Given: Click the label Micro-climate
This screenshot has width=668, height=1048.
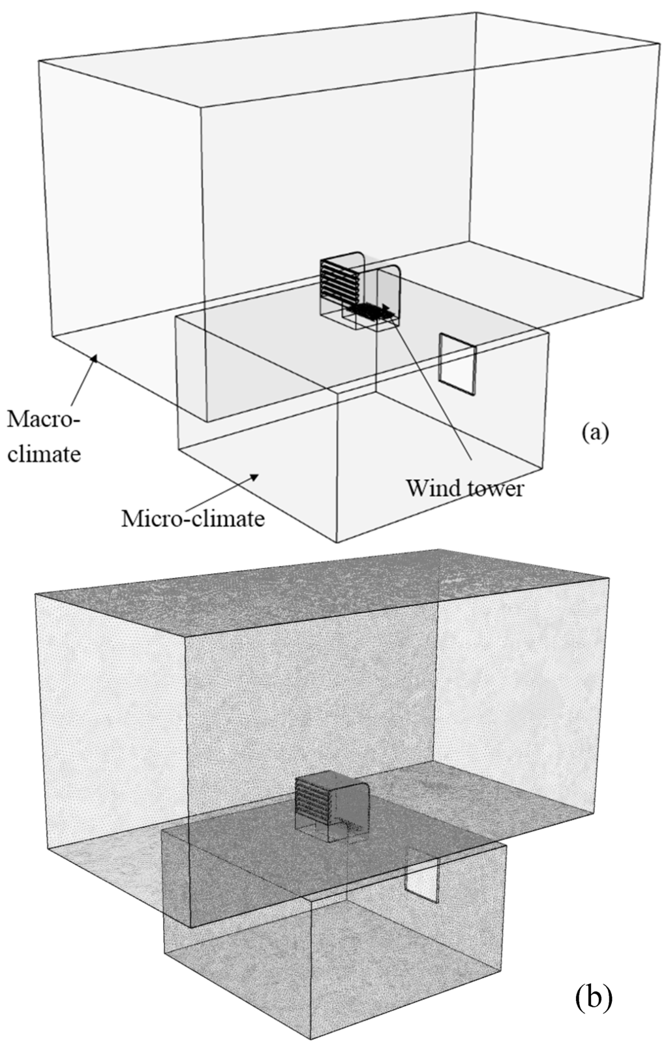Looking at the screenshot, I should pyautogui.click(x=193, y=518).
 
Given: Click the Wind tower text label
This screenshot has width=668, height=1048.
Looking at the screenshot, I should pyautogui.click(x=464, y=487).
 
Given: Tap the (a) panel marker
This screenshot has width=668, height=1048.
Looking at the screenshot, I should pyautogui.click(x=593, y=432).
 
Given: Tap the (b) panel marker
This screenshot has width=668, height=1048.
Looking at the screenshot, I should pyautogui.click(x=594, y=996).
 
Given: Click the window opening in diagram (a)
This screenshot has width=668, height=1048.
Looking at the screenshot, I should pyautogui.click(x=458, y=364).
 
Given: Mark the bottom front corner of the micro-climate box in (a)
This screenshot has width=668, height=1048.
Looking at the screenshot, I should pyautogui.click(x=337, y=541).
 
